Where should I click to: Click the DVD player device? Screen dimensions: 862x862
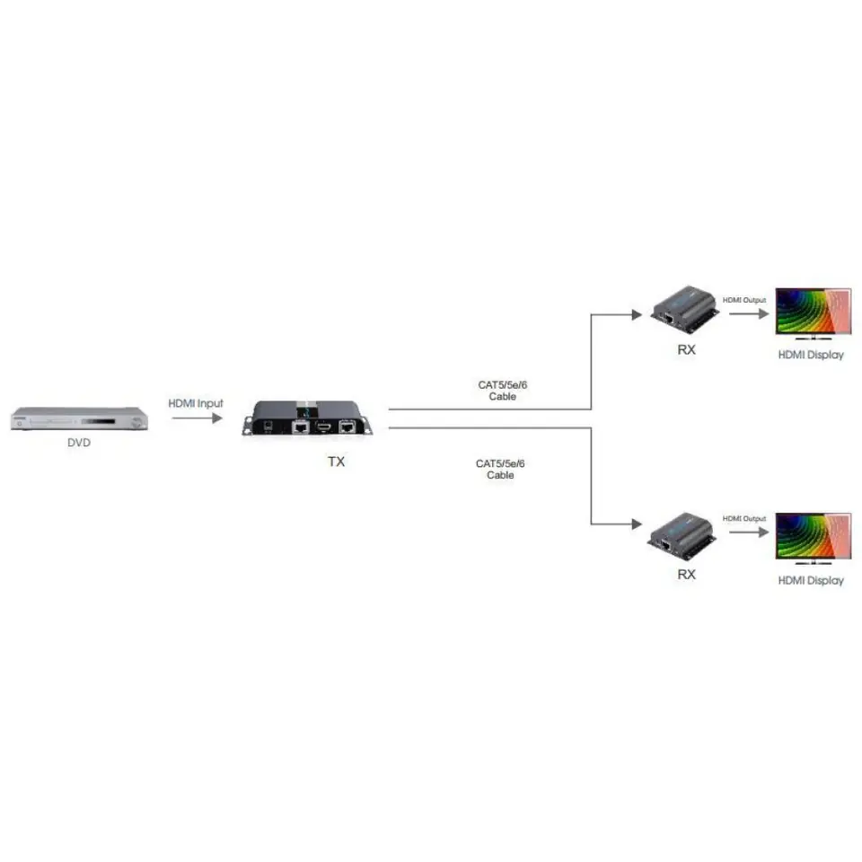click(80, 418)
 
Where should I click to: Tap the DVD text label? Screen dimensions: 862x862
click(79, 443)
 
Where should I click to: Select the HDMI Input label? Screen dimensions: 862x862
click(196, 403)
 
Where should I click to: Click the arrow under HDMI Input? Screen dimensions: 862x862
click(197, 418)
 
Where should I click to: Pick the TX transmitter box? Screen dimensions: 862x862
click(307, 418)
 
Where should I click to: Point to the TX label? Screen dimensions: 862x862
click(337, 462)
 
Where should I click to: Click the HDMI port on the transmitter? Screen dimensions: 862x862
click(324, 426)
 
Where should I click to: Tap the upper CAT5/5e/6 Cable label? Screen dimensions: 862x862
click(503, 391)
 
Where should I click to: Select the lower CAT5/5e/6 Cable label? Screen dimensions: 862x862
click(500, 469)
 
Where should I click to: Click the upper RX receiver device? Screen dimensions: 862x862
click(685, 310)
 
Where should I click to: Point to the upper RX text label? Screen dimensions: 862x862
click(687, 349)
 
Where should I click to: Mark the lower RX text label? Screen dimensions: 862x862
click(687, 575)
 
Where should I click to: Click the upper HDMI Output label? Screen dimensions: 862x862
click(744, 300)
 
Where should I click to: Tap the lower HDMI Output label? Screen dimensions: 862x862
click(744, 518)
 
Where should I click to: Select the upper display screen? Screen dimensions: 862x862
click(814, 312)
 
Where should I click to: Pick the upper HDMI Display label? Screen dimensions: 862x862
click(811, 356)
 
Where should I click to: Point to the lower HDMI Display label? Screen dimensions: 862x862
click(811, 581)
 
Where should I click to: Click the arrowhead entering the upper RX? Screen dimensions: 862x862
click(638, 314)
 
